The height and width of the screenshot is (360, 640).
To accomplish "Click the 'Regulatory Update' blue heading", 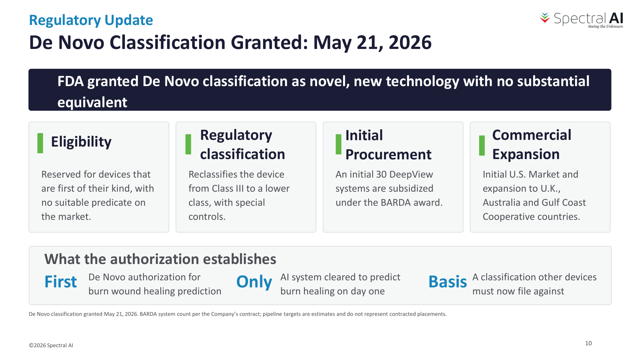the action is (91, 20).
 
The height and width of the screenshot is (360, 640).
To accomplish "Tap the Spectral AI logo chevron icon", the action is (545, 18).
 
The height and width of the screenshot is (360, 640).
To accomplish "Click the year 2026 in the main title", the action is (410, 43).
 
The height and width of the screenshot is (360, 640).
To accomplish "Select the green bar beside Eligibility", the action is (40, 143).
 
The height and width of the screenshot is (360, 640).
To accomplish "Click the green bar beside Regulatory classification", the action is (188, 144).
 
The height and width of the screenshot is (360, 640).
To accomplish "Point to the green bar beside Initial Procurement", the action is (339, 144).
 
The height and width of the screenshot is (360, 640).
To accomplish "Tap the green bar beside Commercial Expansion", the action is (482, 146).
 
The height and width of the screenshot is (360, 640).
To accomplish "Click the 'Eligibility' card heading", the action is (81, 142).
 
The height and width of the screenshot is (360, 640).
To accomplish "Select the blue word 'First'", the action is (61, 282).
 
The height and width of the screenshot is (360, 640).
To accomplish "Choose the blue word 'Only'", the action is (254, 282).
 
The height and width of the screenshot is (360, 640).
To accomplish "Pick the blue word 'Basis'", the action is (448, 282).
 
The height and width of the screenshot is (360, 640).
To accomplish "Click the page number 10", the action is (588, 343).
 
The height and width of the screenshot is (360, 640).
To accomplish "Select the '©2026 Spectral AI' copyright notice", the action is (51, 345).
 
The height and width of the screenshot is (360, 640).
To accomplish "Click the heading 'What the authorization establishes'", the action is (160, 259).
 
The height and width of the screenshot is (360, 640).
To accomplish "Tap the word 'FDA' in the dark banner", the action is (71, 81).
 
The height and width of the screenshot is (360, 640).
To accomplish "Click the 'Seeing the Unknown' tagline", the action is (605, 27).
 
